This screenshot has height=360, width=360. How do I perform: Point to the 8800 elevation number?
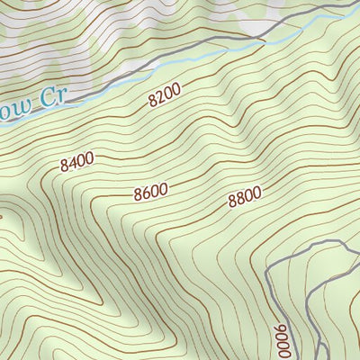pyautogui.click(x=244, y=198)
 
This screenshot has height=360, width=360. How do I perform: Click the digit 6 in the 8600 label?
pyautogui.click(x=144, y=193)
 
